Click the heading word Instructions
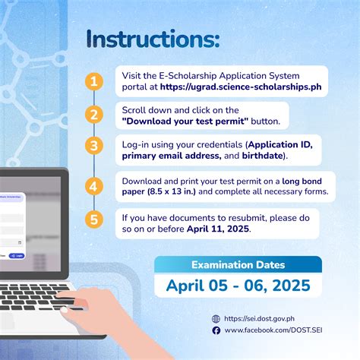tap(153, 40)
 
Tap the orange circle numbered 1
tap(93, 81)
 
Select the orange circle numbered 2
tap(93, 115)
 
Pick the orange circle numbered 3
tap(93, 147)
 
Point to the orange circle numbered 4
tap(93, 185)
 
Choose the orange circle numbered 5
tap(93, 220)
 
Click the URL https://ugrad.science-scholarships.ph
tap(245, 88)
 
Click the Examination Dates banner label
tap(238, 265)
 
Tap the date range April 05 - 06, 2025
tap(238, 286)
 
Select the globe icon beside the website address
tap(216, 319)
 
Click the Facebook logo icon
tap(216, 331)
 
